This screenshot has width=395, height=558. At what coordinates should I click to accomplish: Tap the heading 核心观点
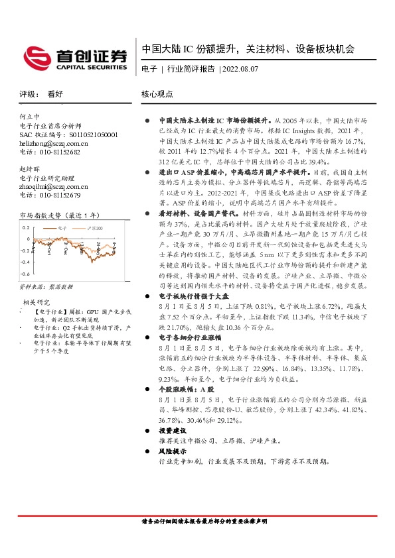[158, 94]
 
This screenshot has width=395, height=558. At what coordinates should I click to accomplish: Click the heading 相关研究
[35, 302]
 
